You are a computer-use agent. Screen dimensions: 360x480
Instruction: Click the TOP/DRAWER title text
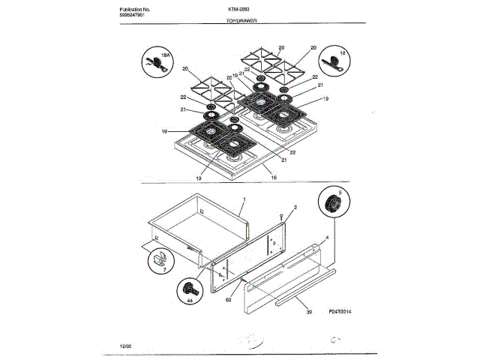[x=241, y=22]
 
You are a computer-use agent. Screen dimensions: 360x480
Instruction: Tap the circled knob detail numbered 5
[x=333, y=204]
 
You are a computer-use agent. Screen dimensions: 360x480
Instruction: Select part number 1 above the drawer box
[x=244, y=200]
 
